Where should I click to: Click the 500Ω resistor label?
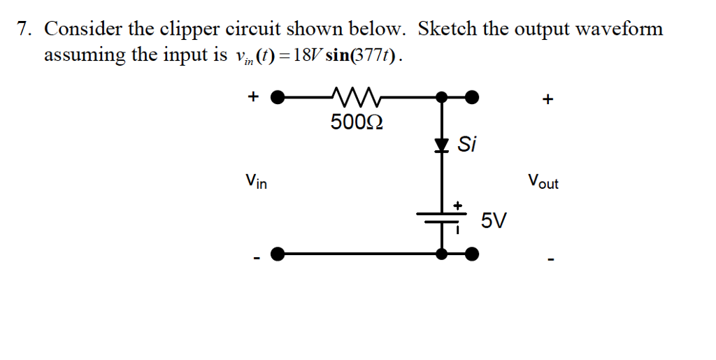[356, 123]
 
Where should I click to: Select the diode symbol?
[441, 145]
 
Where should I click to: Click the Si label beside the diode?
[467, 145]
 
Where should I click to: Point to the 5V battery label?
[494, 222]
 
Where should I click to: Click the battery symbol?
[441, 217]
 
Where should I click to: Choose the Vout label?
[543, 183]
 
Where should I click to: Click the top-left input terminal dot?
[278, 96]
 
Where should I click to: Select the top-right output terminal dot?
[473, 96]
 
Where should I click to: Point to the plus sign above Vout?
[547, 100]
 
